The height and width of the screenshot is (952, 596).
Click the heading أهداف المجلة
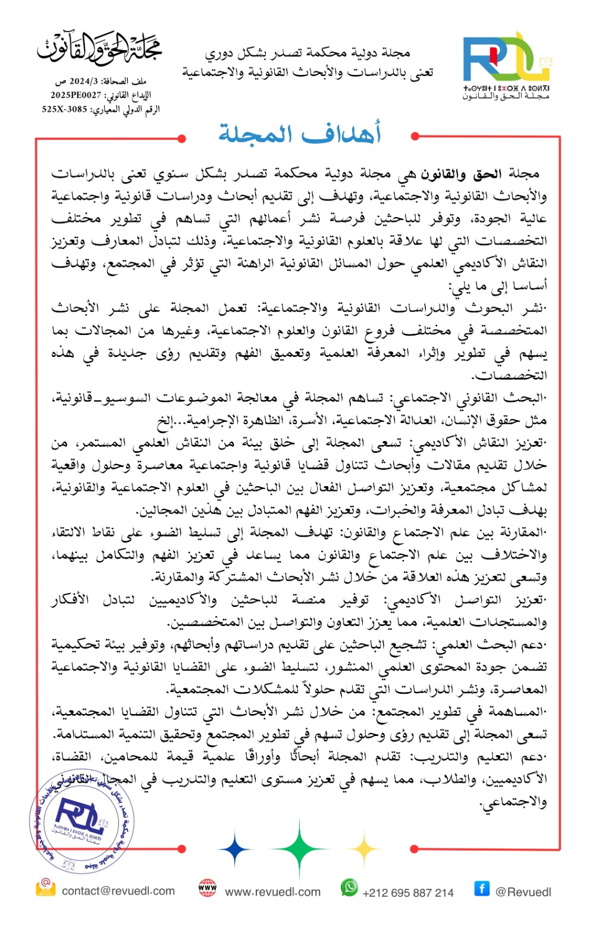pyautogui.click(x=299, y=133)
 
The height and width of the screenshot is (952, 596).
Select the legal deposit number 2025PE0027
pyautogui.click(x=76, y=95)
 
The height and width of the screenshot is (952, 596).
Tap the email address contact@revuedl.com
pyautogui.click(x=118, y=891)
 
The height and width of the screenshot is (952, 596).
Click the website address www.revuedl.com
pyautogui.click(x=272, y=892)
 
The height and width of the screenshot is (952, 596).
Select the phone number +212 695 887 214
pyautogui.click(x=407, y=892)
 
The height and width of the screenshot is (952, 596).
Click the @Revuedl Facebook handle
pyautogui.click(x=523, y=892)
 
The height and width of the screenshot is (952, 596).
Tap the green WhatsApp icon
pyautogui.click(x=349, y=888)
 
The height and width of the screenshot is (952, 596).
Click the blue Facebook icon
pyautogui.click(x=482, y=888)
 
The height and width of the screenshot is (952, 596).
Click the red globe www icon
pyautogui.click(x=208, y=888)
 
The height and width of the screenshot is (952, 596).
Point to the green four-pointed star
pyautogui.click(x=299, y=848)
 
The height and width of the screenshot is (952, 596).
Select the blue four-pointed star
pyautogui.click(x=235, y=849)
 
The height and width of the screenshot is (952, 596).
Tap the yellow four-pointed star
pyautogui.click(x=363, y=849)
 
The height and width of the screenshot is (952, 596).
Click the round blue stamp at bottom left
pyautogui.click(x=82, y=821)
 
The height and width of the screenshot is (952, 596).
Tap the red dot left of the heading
pyautogui.click(x=181, y=139)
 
